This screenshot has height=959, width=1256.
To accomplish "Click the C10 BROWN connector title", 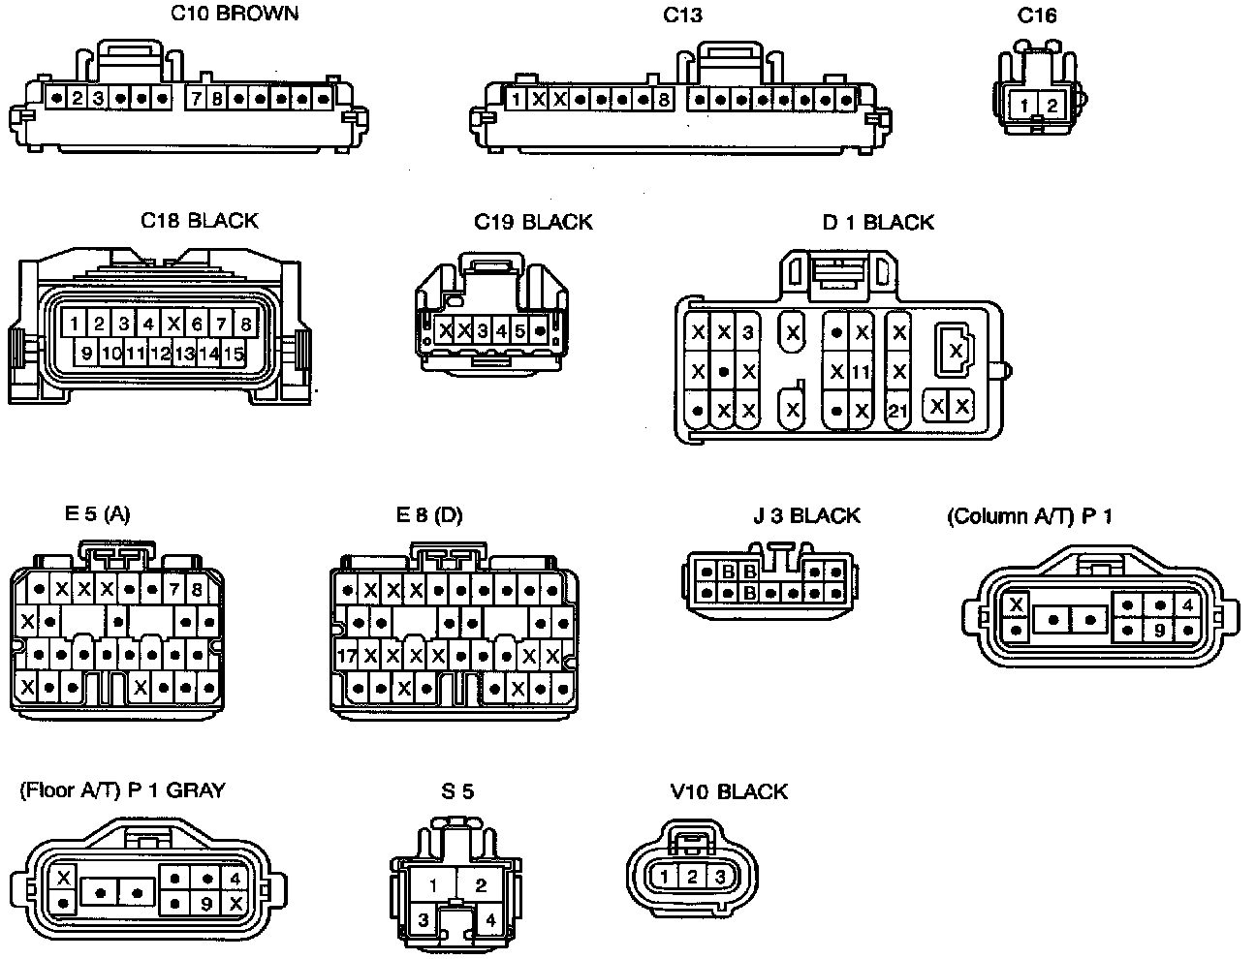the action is coord(234,14).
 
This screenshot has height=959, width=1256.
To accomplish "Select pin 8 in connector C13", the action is coord(664,99).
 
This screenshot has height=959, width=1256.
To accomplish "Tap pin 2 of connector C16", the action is coord(1052,106).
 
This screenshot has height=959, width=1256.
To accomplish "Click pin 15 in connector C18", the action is coord(233,354).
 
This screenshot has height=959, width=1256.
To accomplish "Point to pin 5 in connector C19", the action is coord(519,331).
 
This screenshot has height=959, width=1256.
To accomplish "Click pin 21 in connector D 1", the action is coord(897,411).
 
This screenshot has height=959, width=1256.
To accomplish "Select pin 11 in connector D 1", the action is coord(861,372).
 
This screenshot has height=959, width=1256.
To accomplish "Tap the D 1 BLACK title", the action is coord(878,223).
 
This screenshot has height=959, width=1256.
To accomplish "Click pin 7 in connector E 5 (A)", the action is coord(173,589).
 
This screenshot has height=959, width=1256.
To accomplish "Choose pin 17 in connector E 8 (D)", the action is coord(347,656).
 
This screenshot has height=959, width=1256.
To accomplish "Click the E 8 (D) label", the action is coord(429,515).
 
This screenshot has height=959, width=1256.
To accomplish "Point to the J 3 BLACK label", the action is coord(806,515).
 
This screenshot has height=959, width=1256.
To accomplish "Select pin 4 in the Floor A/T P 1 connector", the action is coord(235,880).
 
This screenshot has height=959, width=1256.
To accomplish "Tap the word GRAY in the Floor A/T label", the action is coord(196,790).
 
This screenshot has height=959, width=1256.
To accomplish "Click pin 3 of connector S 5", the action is coord(424,919).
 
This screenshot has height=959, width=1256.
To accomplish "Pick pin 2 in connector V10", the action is coord(691,878).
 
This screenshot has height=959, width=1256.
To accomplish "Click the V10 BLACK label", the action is coord(729,792).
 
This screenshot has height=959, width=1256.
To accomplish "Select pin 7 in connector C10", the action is coord(196,99).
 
